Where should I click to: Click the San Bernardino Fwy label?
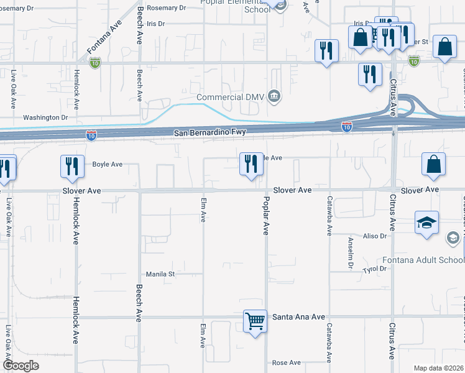point(210,132)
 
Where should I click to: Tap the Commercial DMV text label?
point(230,97)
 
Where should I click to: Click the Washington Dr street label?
point(45,117)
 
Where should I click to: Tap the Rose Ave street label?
point(287,362)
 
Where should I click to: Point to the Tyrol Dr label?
point(375,269)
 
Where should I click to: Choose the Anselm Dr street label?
point(351,256)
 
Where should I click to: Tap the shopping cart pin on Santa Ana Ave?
point(255,321)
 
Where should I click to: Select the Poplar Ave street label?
point(265,216)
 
